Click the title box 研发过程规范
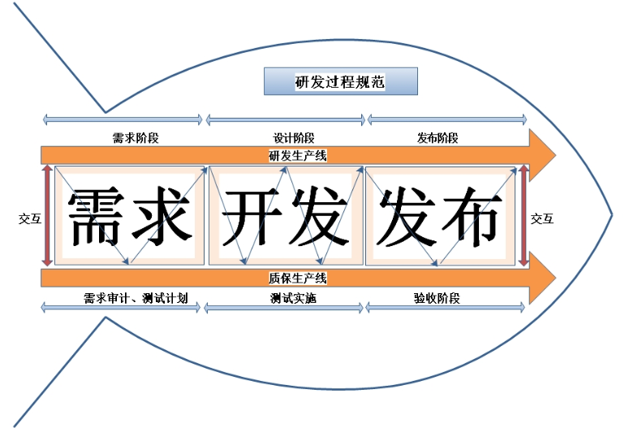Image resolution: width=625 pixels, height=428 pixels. (340, 82)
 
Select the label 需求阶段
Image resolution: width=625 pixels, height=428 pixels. (136, 138)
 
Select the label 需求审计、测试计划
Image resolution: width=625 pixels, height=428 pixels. (136, 298)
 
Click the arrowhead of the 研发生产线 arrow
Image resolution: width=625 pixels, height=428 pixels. (542, 153)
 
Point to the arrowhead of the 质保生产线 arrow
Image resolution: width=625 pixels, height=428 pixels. (542, 279)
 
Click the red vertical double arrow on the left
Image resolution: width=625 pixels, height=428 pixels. (48, 216)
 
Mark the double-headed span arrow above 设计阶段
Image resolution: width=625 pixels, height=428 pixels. (286, 120)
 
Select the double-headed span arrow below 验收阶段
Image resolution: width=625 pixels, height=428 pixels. (442, 309)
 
